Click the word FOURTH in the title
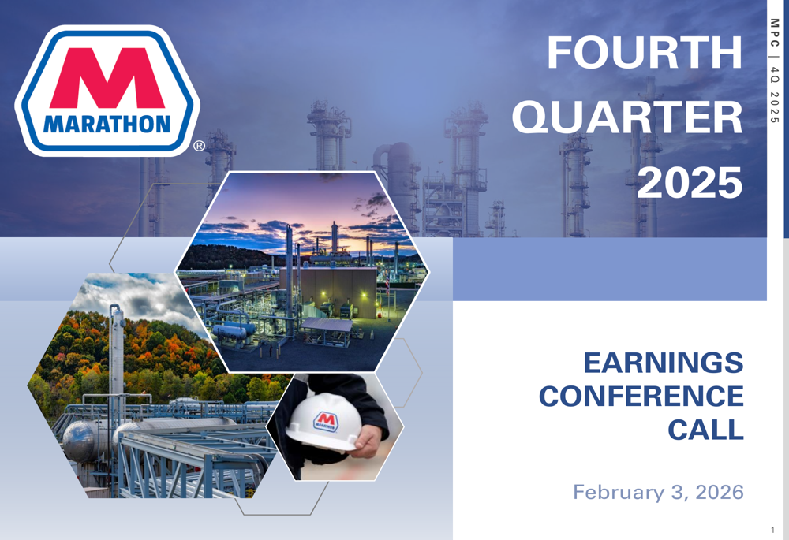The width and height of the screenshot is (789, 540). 645,52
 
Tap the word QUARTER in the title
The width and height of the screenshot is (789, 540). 627,117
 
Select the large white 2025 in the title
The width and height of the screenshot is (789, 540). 690,182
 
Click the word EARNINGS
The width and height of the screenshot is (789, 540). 664,363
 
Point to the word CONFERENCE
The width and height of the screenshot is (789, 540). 641,397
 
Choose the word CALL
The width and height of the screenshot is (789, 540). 705,430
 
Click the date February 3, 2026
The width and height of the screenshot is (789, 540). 658,492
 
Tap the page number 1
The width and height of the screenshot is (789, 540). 773,530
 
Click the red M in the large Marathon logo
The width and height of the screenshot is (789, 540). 107,78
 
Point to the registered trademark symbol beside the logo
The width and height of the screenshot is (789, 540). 199,146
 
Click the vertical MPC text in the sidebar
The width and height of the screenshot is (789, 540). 775,32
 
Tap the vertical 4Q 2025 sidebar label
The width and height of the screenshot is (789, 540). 775,95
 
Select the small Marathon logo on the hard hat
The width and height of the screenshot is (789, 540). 326,422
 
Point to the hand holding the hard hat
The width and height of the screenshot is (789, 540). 369,441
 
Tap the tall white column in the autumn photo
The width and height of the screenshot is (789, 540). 117,352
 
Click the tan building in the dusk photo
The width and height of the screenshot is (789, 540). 327,291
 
